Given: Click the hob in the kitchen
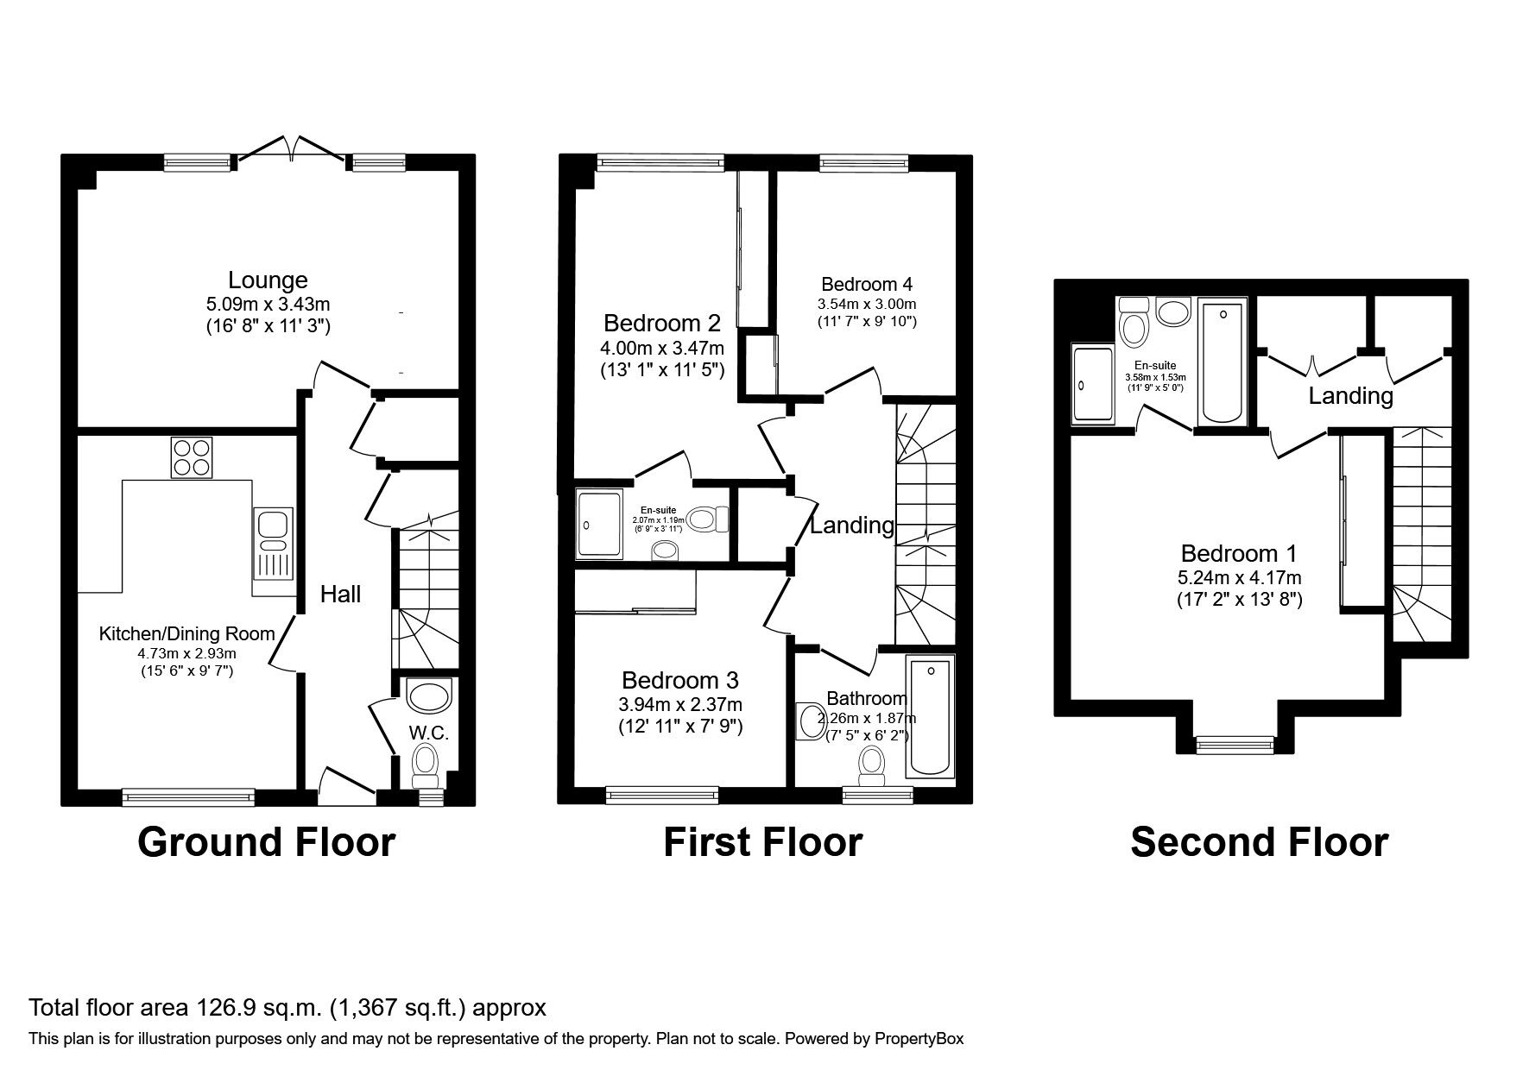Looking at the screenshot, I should click(x=192, y=457).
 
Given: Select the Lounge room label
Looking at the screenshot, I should click(x=268, y=280).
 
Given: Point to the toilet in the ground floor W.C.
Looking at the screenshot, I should click(x=424, y=762).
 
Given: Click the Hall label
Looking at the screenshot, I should click(x=340, y=594).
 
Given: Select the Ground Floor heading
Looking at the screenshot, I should click(x=266, y=841).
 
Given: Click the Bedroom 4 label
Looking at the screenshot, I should click(x=866, y=284).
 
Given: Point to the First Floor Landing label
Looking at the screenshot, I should click(x=851, y=525).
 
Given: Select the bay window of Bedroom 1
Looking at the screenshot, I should click(x=1234, y=741).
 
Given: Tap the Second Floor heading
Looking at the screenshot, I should click(x=1258, y=841).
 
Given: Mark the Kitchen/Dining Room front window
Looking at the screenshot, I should click(x=188, y=797).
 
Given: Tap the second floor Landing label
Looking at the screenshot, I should click(x=1350, y=396).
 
